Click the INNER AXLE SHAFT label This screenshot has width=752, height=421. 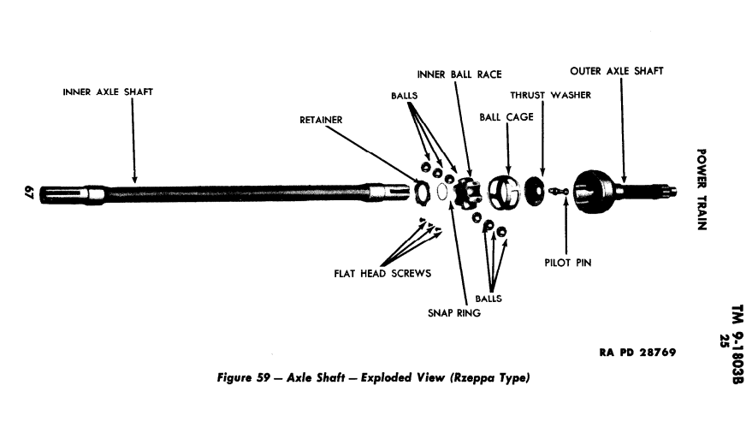[x=108, y=92]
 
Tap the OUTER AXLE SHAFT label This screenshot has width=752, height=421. [x=616, y=71]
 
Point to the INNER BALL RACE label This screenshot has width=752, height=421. [x=459, y=74]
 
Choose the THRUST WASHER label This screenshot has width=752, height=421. [x=550, y=95]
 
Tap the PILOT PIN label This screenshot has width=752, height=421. [x=567, y=263]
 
